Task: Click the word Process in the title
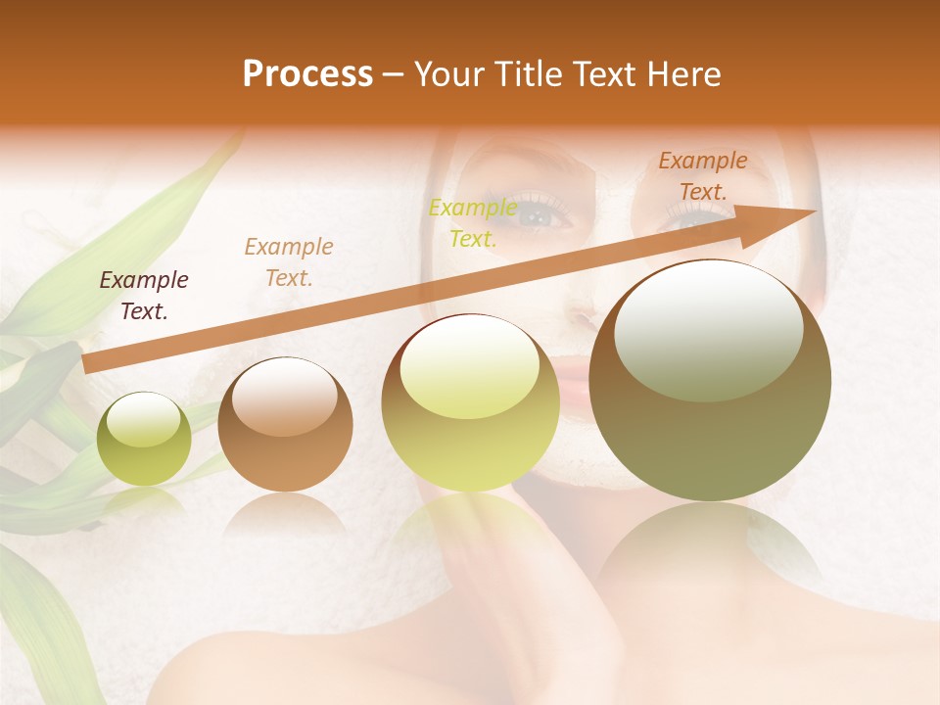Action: click(307, 74)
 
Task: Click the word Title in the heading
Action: click(530, 74)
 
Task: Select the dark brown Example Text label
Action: click(144, 296)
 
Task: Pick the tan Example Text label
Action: click(289, 262)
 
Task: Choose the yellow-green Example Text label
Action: click(473, 223)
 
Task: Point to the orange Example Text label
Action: click(703, 176)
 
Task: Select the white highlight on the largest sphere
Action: click(708, 328)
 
